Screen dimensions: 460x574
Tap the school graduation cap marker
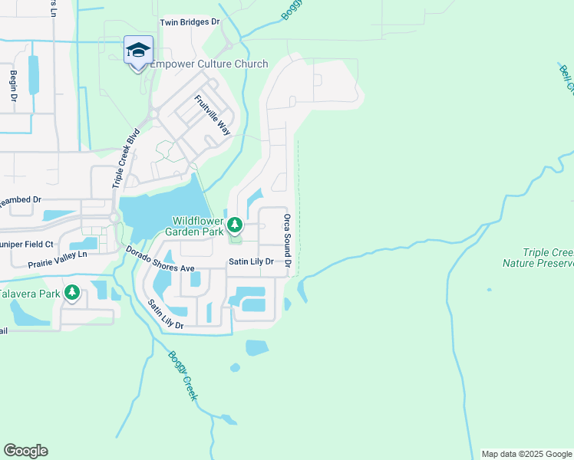(x=137, y=51)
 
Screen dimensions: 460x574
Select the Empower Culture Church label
(x=209, y=64)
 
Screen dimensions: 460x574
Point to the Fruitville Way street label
(x=213, y=115)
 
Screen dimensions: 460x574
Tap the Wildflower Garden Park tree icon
(x=236, y=225)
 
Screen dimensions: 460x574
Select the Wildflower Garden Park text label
(x=196, y=225)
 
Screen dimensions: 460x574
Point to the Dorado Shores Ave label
(x=161, y=259)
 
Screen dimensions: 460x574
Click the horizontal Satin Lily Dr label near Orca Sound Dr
(x=251, y=261)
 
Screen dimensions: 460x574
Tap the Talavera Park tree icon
(x=72, y=292)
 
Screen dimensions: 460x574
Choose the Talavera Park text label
(x=29, y=294)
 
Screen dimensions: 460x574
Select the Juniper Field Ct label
(x=27, y=244)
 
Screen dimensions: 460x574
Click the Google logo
(x=25, y=451)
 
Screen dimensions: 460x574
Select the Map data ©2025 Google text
(x=525, y=454)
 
